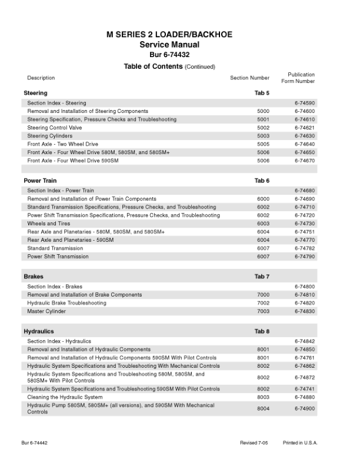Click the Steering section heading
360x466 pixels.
coord(35,93)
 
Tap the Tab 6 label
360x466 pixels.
coord(262,181)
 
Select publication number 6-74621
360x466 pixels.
coord(305,128)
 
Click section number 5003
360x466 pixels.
coord(263,136)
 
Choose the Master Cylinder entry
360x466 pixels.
coord(46,311)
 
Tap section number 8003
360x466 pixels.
coord(263,397)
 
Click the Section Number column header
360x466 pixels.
coord(249,78)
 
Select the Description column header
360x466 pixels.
coord(41,78)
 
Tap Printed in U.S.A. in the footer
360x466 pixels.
coord(300,442)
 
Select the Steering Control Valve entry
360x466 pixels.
coord(55,128)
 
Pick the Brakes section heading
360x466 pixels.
coord(34,277)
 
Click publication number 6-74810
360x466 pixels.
coord(305,295)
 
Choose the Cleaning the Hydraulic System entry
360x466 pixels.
coord(65,397)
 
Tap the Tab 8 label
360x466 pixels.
coord(262,332)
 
